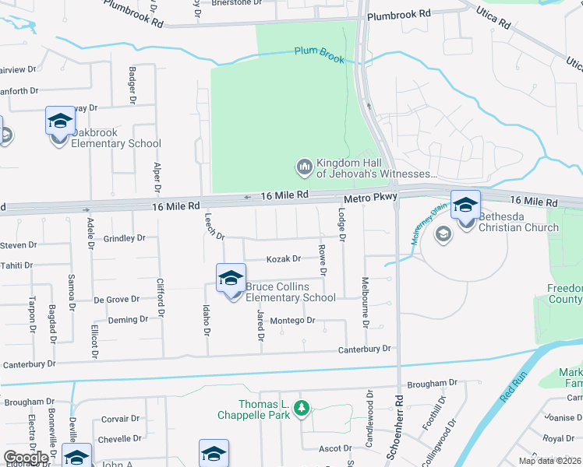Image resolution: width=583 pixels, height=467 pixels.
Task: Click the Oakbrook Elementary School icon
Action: pos(59,121)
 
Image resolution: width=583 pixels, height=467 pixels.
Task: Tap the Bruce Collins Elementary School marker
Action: pos(231,279)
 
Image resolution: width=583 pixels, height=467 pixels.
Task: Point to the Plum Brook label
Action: pos(320,51)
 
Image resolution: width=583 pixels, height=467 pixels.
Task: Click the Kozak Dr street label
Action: pos(284,259)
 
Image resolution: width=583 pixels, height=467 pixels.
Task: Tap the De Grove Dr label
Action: pos(116,299)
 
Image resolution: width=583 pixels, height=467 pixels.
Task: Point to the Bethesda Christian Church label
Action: pos(518,222)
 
